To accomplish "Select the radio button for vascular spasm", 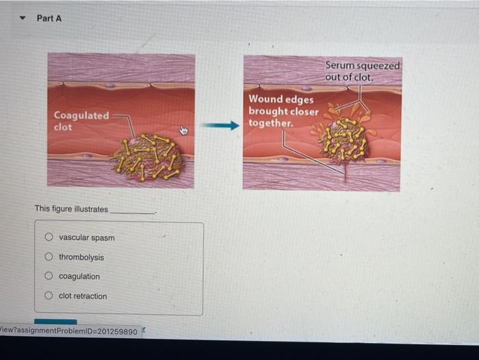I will (x=49, y=237).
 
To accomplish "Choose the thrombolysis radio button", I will (x=49, y=257).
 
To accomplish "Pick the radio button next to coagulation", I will (x=49, y=277).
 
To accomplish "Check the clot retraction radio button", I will (x=49, y=296).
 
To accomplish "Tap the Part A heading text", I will (x=49, y=18).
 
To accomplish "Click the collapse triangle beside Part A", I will (x=23, y=18).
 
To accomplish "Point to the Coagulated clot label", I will (x=81, y=120).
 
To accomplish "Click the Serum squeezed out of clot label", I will (x=363, y=70).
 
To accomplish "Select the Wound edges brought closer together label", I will (x=283, y=111).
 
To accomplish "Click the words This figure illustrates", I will (x=71, y=209).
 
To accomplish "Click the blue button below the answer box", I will (x=55, y=321).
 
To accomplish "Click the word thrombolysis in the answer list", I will (x=81, y=257).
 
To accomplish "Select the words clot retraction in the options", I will (x=83, y=296).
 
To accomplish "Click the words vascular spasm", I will (x=87, y=237).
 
